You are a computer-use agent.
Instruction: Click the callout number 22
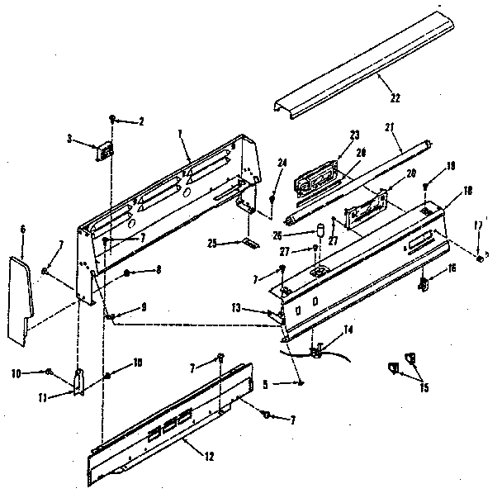click(395, 97)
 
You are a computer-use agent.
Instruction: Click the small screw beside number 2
click(113, 120)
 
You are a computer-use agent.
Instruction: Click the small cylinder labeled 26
click(320, 229)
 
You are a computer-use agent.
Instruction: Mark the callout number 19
click(451, 167)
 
